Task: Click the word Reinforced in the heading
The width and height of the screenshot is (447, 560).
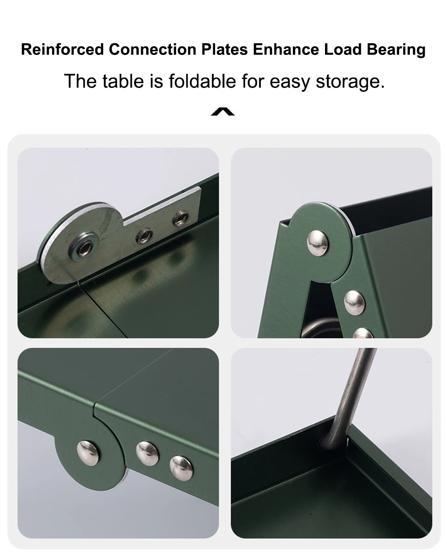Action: point(62,49)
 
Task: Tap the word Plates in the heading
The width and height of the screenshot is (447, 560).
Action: point(224,49)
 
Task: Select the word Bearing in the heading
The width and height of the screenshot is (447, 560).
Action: point(396,50)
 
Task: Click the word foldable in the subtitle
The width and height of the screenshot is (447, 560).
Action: point(202,81)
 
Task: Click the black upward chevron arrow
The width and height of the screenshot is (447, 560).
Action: point(223,111)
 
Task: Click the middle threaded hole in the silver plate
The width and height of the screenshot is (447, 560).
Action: point(144,236)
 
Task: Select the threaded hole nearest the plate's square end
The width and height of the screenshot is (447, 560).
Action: point(180,218)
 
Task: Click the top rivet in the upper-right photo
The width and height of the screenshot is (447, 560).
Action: point(317,243)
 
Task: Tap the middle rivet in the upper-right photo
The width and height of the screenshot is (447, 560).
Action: point(354,303)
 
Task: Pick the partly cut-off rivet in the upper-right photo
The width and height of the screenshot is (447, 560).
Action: point(363,333)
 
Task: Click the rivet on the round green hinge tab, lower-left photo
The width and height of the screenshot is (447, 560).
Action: point(88,453)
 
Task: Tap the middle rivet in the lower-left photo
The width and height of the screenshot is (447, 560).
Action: point(147,453)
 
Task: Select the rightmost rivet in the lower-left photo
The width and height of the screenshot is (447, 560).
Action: point(181,468)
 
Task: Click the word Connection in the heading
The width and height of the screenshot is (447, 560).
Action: point(152,49)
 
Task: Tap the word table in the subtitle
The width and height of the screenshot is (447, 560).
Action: point(123,81)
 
